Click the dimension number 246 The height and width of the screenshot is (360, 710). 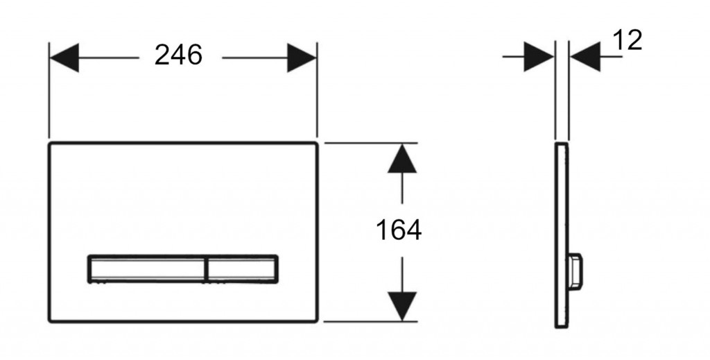click(x=178, y=55)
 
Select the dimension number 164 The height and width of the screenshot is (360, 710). click(x=399, y=230)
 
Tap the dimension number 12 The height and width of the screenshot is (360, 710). click(x=627, y=40)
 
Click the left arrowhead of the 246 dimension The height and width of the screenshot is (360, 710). click(x=64, y=58)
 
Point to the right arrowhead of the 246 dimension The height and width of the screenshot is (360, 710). click(x=302, y=58)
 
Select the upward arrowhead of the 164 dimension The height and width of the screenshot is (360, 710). click(x=402, y=158)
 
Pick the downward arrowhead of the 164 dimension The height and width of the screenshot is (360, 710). click(x=402, y=307)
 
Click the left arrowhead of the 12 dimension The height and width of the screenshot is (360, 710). click(x=539, y=57)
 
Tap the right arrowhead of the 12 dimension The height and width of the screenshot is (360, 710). click(x=585, y=57)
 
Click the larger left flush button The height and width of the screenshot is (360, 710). click(x=147, y=269)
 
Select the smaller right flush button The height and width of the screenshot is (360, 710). click(x=242, y=269)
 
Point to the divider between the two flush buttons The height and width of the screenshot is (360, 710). click(x=207, y=269)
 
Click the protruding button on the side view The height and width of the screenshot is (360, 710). click(x=575, y=271)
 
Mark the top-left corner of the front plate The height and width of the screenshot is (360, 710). click(x=50, y=144)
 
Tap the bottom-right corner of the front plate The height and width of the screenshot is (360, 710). click(x=317, y=321)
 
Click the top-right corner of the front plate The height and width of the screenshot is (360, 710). click(x=317, y=144)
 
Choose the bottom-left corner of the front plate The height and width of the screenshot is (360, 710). click(x=50, y=321)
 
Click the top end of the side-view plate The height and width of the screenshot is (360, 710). click(x=562, y=144)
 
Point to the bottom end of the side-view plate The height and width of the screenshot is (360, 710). click(x=562, y=327)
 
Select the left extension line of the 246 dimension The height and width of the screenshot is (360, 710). click(x=49, y=90)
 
